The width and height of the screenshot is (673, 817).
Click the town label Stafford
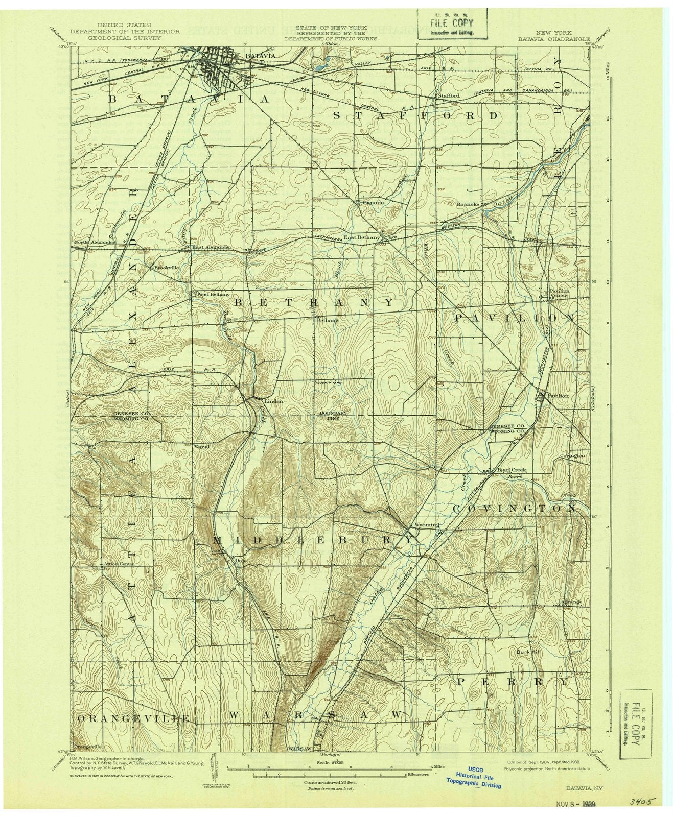pos(448,95)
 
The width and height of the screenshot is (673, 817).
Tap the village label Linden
pos(273,401)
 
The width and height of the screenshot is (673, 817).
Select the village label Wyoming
pos(426,525)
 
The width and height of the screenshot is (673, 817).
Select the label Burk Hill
pos(525,652)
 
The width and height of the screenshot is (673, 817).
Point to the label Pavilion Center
pos(559,293)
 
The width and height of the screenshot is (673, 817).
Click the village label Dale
pos(238,560)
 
